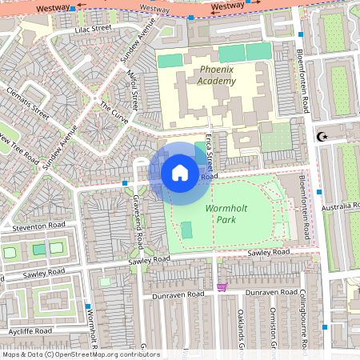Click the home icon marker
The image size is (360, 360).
(180, 173)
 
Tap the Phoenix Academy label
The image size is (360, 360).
(217, 75)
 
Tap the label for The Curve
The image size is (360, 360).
(114, 110)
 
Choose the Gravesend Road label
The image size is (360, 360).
(137, 211)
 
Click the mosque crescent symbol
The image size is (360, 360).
(323, 137)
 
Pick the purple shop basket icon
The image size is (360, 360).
(222, 286)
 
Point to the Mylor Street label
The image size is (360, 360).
(134, 90)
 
